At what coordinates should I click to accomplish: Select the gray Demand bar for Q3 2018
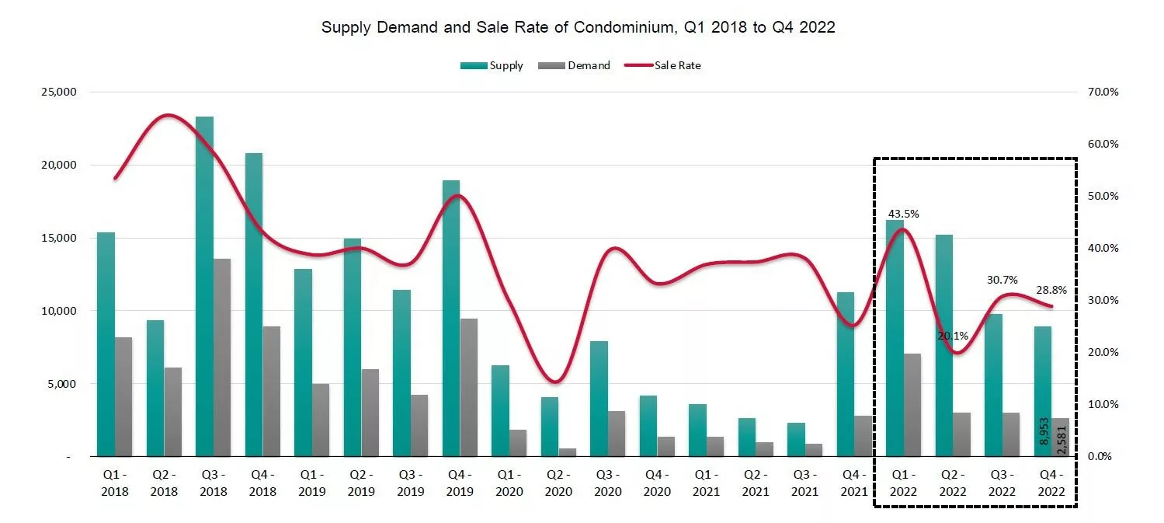point(222,357)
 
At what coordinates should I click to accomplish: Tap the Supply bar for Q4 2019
point(450,319)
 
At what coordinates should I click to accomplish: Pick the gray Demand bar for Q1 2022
point(913,405)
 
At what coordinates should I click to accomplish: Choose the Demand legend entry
point(575,66)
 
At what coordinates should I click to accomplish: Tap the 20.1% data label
point(952,336)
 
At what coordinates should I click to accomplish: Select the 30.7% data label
point(1002,280)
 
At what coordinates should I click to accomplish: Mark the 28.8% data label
point(1051,290)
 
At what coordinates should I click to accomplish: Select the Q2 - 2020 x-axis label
point(558,484)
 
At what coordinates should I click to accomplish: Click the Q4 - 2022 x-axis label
point(1051,484)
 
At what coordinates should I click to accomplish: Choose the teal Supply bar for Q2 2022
point(943,345)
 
